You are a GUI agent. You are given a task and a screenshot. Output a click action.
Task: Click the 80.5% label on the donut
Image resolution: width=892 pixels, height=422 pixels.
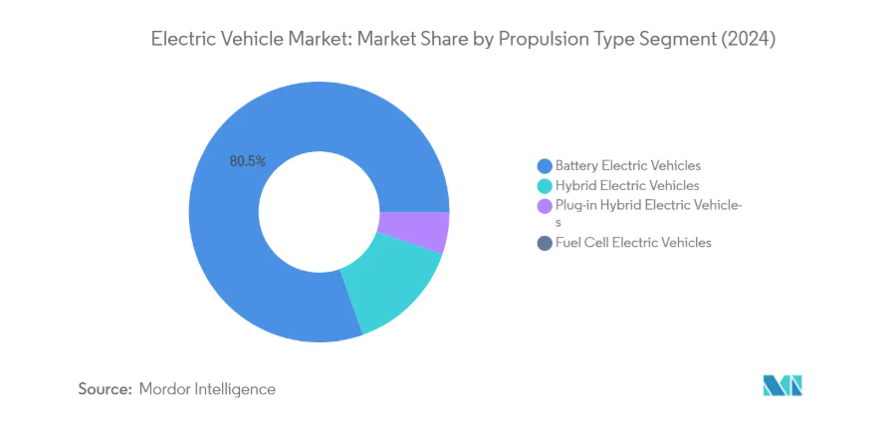pos(247,160)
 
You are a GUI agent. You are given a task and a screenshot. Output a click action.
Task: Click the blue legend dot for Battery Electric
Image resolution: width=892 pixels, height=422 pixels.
pos(544,165)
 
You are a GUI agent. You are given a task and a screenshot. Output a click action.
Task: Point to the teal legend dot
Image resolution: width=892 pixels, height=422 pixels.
pos(544,186)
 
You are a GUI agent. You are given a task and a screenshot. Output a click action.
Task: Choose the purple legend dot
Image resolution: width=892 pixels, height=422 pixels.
pos(544,206)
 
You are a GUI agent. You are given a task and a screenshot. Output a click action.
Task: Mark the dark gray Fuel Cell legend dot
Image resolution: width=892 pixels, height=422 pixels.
pos(544,243)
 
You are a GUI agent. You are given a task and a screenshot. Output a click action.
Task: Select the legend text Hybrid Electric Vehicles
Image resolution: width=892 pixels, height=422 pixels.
pos(627,186)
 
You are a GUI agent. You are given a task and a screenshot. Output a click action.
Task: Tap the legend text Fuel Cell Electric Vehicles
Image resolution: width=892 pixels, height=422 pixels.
pos(633,243)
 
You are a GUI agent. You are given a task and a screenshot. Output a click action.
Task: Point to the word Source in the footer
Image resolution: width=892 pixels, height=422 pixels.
pos(105,389)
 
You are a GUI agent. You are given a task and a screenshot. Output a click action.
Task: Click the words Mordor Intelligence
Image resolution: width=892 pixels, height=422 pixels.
pos(208,389)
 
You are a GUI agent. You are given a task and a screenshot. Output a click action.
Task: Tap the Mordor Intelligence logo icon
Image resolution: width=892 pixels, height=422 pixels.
pos(782,386)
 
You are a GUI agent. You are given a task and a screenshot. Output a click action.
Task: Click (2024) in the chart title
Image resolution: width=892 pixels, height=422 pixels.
pos(748,40)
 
